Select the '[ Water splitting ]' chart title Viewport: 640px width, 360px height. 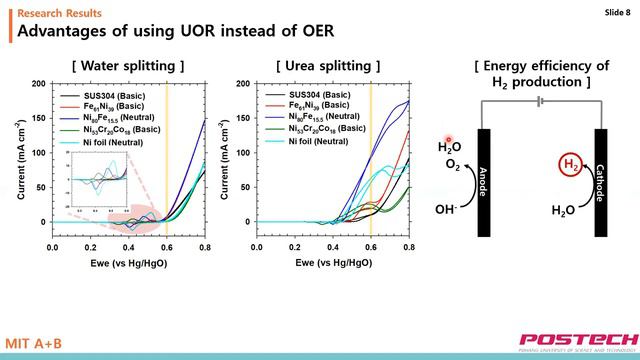(128, 66)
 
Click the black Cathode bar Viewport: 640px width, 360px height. (601, 182)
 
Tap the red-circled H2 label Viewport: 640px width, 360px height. (568, 165)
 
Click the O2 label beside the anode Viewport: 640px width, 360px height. (453, 165)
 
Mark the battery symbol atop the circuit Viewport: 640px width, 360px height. (540, 101)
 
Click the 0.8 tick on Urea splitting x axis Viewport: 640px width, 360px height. (409, 246)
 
